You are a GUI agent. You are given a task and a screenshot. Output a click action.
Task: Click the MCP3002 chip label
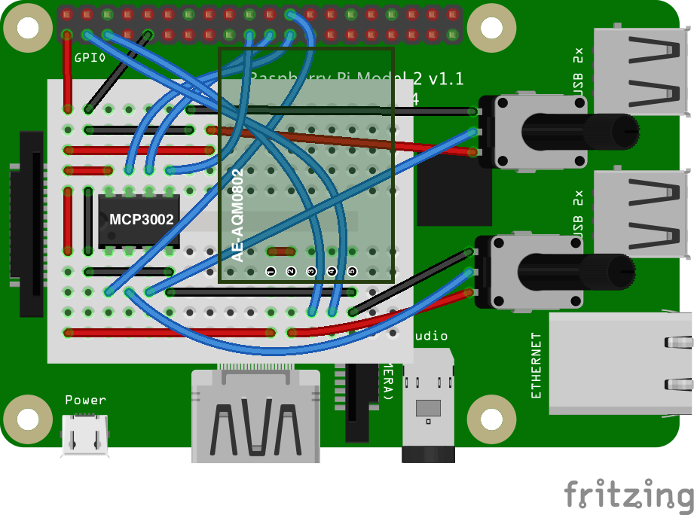coord(142,220)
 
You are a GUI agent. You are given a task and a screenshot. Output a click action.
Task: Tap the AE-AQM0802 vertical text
coord(237,215)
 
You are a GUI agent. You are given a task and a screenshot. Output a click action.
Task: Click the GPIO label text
coord(90,57)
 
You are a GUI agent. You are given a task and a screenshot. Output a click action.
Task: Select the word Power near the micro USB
coord(85,400)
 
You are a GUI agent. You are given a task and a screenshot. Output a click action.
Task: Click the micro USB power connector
coord(85,434)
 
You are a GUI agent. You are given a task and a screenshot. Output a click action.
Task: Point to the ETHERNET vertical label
coord(537,365)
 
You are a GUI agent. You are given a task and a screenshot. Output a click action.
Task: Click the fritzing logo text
coord(628,496)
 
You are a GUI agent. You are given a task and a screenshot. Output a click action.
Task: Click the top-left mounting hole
coord(27,28)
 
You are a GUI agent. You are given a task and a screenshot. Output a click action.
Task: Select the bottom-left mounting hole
coord(27,418)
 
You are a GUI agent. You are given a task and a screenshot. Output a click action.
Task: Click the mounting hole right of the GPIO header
coord(491,28)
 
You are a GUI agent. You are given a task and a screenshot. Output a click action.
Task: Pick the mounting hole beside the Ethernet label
coord(491,418)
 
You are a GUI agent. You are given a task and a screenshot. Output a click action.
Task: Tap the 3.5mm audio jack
coord(429,410)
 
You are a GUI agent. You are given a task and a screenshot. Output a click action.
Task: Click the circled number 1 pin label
coord(271,271)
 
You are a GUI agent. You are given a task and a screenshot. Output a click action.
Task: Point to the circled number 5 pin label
coord(351,271)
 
